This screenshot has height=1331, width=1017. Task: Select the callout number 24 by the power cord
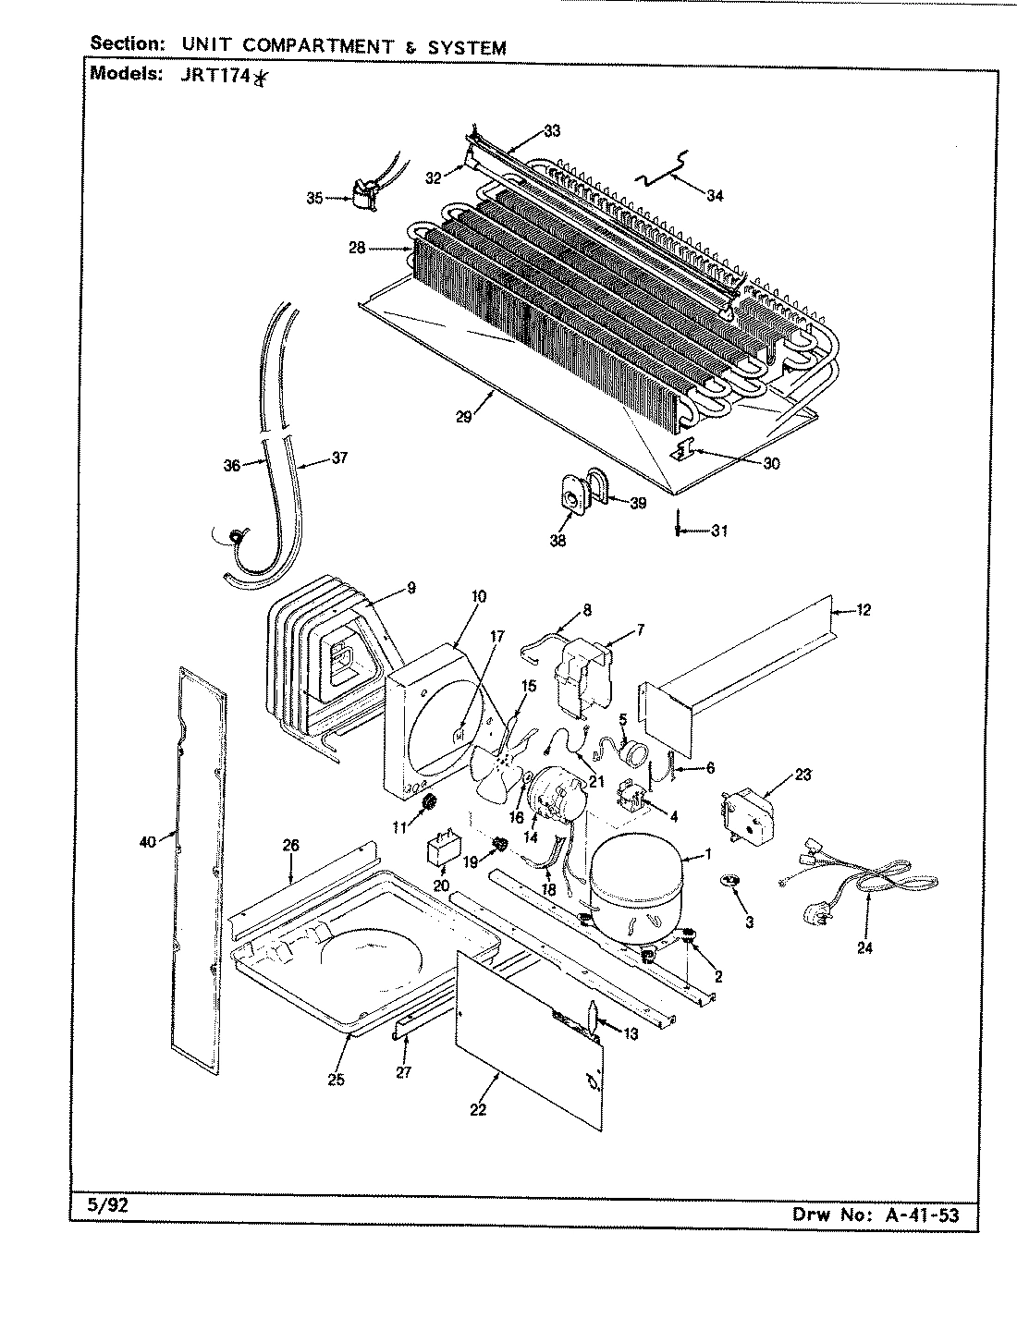tap(864, 946)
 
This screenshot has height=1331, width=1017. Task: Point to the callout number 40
tap(147, 840)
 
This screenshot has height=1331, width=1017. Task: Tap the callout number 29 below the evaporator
tap(464, 417)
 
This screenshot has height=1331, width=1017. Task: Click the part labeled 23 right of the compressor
tap(748, 815)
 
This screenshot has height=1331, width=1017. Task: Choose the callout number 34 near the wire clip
tap(714, 195)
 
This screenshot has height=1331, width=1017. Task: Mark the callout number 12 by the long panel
tap(864, 610)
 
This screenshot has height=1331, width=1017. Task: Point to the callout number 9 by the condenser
tap(410, 587)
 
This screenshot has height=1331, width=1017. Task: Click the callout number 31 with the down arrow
tap(718, 531)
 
